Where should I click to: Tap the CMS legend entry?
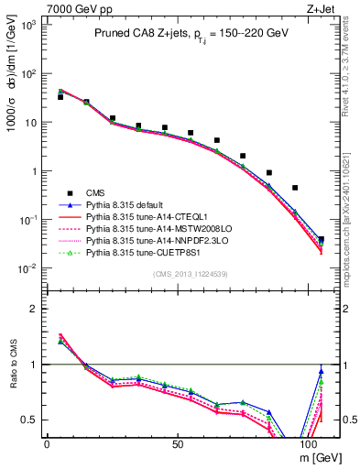97,193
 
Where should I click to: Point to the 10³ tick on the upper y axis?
27,25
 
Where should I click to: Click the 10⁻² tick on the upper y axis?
27,268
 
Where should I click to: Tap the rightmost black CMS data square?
321,239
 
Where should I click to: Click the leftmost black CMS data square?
60,96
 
